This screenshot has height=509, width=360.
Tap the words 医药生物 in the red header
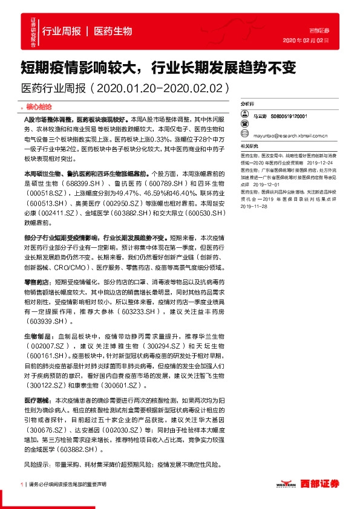pos(114,31)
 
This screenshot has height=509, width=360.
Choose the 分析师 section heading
pos(248,104)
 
